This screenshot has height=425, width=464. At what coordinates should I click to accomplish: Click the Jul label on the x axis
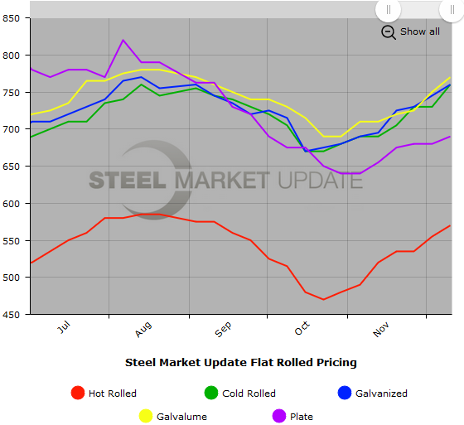pos(64,329)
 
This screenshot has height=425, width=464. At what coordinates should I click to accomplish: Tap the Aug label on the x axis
pos(143,331)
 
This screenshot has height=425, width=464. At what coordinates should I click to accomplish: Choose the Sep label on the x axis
pos(223,331)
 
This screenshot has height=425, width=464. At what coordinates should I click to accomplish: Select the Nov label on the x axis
pos(381,331)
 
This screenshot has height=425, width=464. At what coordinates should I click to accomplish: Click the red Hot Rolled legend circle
pos(78,394)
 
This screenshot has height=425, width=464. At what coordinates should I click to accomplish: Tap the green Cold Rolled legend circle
pos(211,394)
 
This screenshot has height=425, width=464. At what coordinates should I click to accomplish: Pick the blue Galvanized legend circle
pos(345,394)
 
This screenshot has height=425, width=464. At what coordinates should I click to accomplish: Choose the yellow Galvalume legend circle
pos(145,416)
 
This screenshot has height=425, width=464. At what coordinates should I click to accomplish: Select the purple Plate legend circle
pos(279,416)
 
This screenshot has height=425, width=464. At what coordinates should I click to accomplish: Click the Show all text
pos(420,31)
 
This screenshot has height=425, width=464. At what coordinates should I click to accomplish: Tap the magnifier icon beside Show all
pos(389,31)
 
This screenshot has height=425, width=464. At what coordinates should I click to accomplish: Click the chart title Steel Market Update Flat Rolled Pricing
pos(241,362)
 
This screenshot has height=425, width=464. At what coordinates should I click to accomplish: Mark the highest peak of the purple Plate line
pos(123,40)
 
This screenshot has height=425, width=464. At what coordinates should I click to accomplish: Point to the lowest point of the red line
pos(323,299)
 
